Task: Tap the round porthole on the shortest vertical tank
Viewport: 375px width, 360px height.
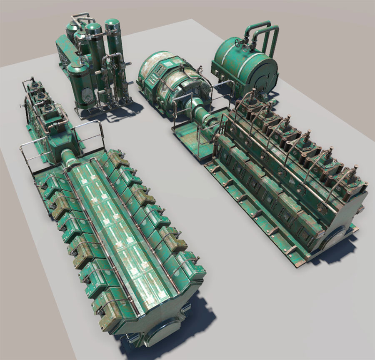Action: tap(85, 95)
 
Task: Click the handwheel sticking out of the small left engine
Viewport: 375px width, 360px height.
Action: tap(21, 107)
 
